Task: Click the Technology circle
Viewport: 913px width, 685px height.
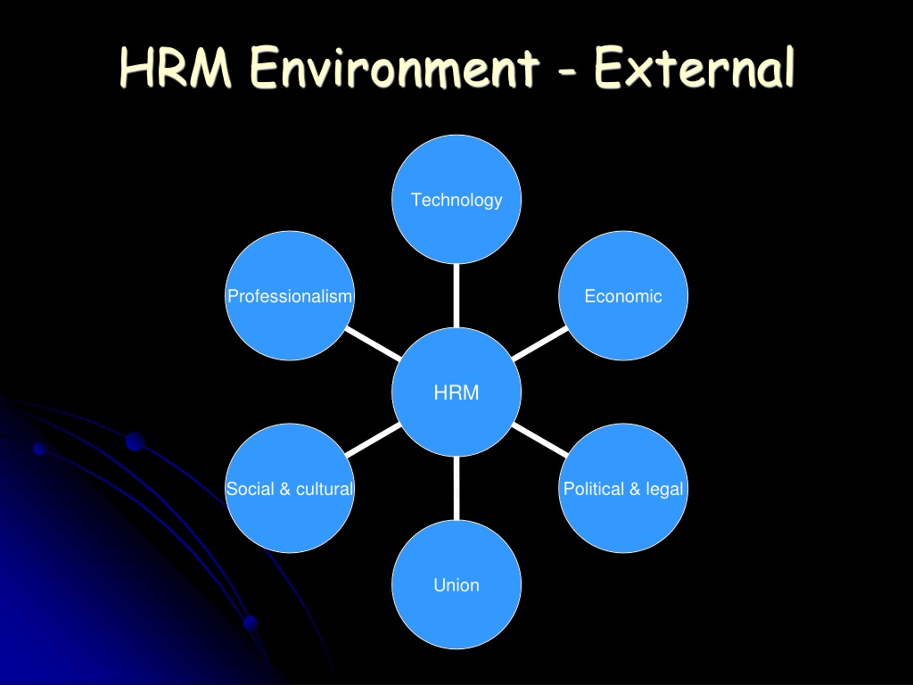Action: (456, 199)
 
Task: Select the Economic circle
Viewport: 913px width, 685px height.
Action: (623, 295)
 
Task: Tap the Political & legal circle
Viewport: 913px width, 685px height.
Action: (623, 488)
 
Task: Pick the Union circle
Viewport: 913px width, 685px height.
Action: (456, 584)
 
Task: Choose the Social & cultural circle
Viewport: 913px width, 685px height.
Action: (290, 488)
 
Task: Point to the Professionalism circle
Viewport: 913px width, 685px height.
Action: (290, 295)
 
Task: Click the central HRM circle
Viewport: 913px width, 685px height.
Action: (456, 392)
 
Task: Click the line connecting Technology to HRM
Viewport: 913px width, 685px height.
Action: (456, 296)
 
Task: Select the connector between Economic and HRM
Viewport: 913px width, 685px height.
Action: (540, 343)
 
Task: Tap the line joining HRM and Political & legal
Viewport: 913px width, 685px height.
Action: (540, 440)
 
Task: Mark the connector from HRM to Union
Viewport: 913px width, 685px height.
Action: (456, 488)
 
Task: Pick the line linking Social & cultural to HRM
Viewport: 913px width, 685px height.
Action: (374, 440)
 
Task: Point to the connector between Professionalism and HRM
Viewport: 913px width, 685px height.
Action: (374, 343)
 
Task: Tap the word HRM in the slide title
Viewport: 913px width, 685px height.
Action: (176, 67)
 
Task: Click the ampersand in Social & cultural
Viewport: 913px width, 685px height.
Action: (284, 489)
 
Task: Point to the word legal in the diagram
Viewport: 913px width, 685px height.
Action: (664, 490)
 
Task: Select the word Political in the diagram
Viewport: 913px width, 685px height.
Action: (594, 489)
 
